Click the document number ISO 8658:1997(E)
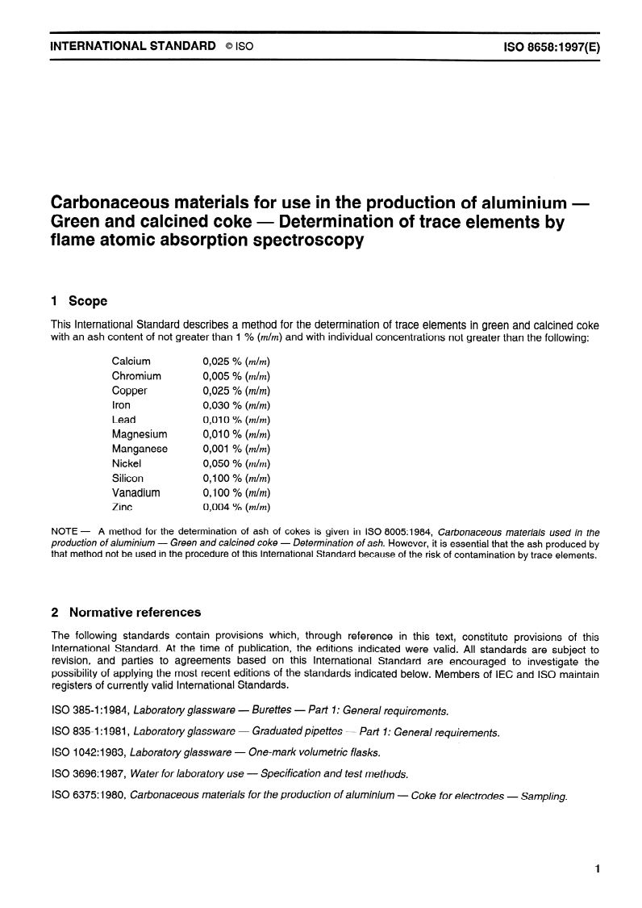(552, 46)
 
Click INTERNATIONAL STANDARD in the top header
(133, 46)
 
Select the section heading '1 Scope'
(78, 301)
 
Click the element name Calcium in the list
(131, 362)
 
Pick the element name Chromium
(136, 376)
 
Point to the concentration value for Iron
(236, 405)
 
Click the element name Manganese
(140, 449)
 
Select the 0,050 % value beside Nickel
(236, 463)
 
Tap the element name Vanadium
(135, 492)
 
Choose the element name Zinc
(122, 507)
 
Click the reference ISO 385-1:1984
(90, 711)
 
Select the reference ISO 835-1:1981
(90, 733)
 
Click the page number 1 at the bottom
(597, 869)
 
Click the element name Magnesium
(140, 434)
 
